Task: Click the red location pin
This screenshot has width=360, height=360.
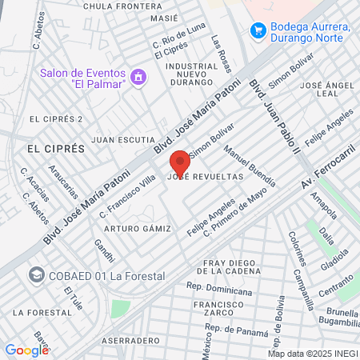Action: (x=180, y=162)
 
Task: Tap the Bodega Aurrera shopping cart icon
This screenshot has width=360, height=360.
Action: (x=258, y=30)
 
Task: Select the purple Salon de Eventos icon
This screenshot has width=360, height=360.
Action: (x=139, y=77)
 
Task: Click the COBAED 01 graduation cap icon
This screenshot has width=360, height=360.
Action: (x=36, y=275)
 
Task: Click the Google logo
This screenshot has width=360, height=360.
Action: (x=26, y=350)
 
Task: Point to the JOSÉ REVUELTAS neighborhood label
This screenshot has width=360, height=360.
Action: (x=204, y=178)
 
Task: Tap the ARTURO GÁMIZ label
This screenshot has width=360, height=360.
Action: (x=142, y=229)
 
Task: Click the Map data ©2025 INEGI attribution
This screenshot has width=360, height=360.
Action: (x=313, y=353)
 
